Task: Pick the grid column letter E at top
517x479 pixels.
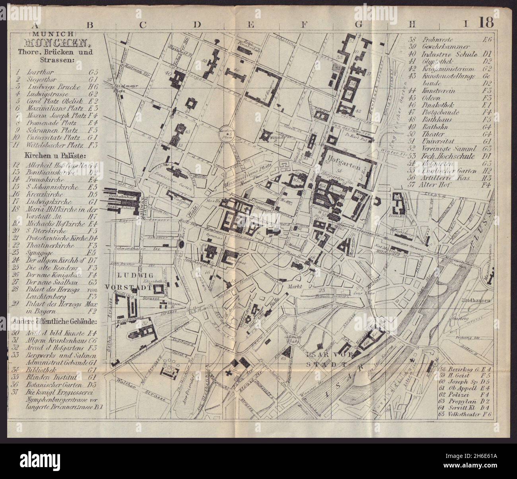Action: [x=250, y=25]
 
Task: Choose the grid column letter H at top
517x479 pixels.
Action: [x=412, y=25]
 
